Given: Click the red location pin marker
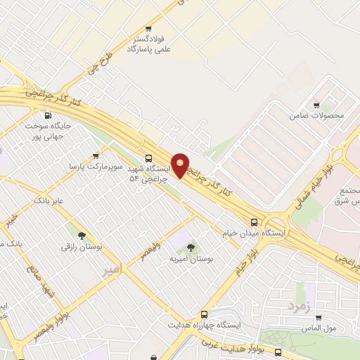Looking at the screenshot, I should pyautogui.click(x=181, y=165).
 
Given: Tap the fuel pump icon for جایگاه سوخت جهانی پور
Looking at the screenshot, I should pyautogui.click(x=48, y=116).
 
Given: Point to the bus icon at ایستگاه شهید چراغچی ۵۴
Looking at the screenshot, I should pyautogui.click(x=148, y=159).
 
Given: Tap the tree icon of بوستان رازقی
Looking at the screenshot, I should pyautogui.click(x=82, y=236).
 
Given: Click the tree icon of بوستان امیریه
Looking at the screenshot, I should pyautogui.click(x=191, y=247).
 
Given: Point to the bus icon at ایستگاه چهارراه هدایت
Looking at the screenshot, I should pyautogui.click(x=205, y=314).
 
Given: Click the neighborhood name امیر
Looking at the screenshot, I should pyautogui.click(x=111, y=269).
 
